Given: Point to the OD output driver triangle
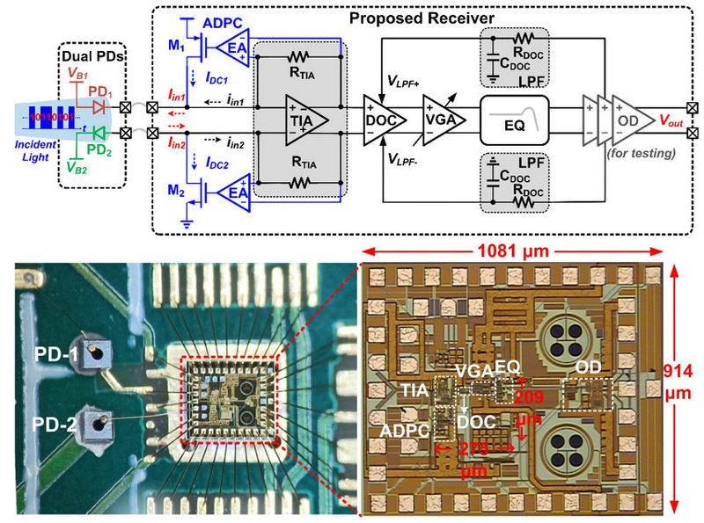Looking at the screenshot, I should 627,120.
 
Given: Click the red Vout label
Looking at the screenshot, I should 675,120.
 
